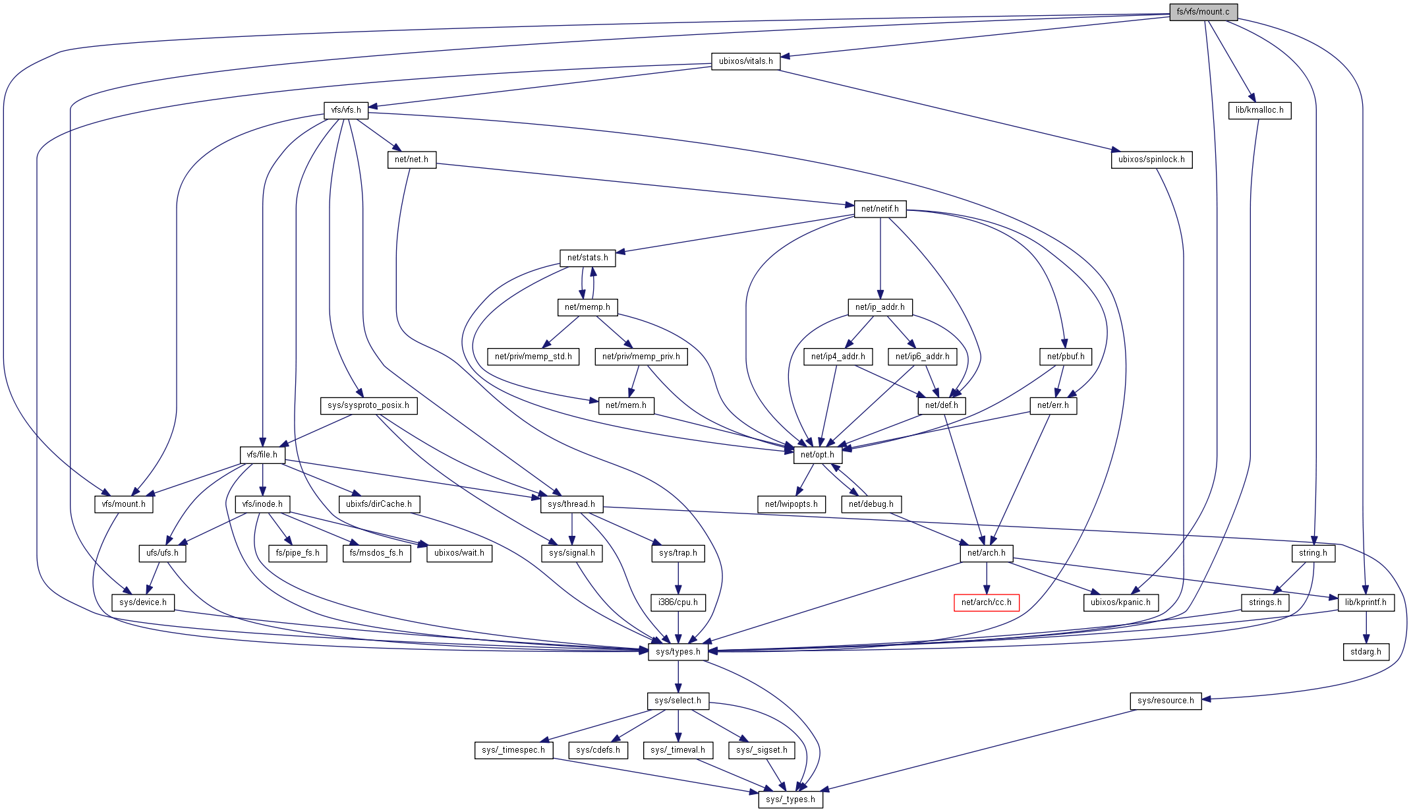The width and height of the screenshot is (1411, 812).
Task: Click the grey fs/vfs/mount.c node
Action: (1203, 12)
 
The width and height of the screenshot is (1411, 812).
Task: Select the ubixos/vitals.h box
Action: (745, 61)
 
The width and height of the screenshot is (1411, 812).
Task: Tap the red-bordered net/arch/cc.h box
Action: (986, 602)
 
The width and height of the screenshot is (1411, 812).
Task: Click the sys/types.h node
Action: (677, 652)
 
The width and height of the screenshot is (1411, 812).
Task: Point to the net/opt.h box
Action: (817, 455)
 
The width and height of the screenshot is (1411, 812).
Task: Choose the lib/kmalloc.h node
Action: (1259, 110)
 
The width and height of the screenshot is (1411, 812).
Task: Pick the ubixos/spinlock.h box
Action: (1151, 159)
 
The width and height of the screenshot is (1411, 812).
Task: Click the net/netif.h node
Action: (879, 209)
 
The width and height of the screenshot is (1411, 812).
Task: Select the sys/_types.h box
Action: (790, 799)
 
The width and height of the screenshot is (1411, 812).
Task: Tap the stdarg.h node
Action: (1366, 652)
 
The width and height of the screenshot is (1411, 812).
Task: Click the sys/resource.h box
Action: (1165, 701)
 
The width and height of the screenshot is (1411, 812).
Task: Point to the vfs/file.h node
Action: (262, 455)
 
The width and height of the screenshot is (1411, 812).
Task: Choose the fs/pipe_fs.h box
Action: (297, 553)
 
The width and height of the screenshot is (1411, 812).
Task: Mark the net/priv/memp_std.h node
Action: (533, 357)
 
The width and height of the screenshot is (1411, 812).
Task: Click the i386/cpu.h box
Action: (677, 602)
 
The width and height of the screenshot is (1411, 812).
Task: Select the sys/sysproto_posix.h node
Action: (368, 405)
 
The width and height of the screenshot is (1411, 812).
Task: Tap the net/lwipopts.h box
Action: (791, 504)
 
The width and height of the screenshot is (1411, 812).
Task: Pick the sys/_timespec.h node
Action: (513, 750)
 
